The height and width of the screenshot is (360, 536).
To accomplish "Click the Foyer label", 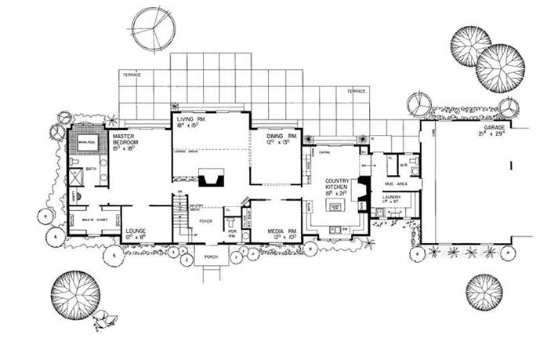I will click(206, 222).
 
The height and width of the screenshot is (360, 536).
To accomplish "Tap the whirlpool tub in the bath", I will click(82, 144).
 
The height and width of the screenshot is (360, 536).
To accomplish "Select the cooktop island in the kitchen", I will click(336, 206).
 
